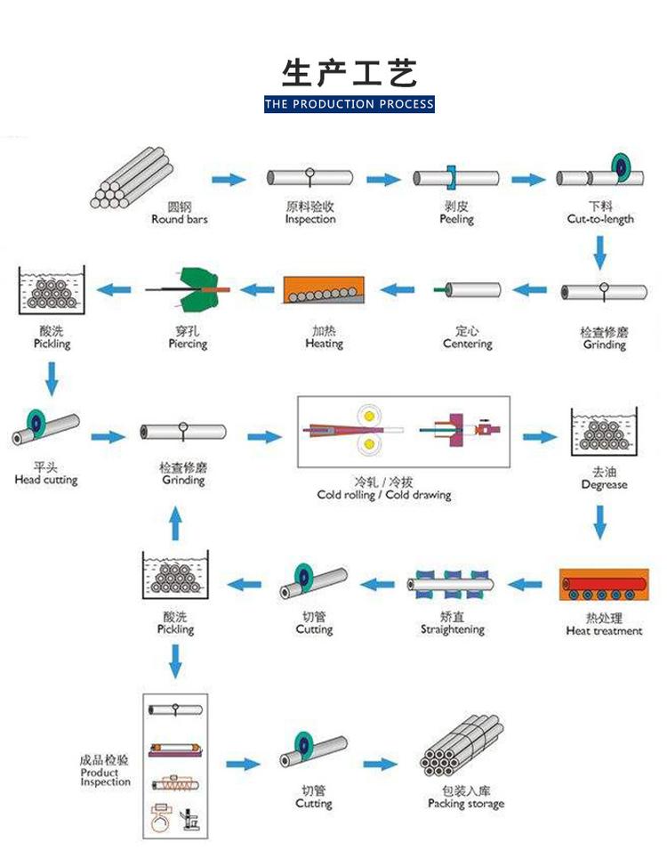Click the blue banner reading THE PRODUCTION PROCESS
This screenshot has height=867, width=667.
(x=350, y=104)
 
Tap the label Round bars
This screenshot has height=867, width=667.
(x=180, y=219)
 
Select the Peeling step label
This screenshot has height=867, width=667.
(x=456, y=219)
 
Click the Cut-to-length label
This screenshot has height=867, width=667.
(x=600, y=219)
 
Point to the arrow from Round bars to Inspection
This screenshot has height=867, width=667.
(x=229, y=180)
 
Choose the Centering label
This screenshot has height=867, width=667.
(x=467, y=344)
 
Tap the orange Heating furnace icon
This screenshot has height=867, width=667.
(x=323, y=290)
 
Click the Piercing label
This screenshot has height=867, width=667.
(x=188, y=344)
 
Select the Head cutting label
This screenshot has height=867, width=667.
(x=46, y=480)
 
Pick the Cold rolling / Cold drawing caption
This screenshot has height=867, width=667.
(x=384, y=495)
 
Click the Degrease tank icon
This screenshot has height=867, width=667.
(x=604, y=430)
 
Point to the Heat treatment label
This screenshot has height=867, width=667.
(x=604, y=631)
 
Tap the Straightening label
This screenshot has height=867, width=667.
(x=453, y=629)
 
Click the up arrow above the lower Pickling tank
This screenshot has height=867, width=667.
(x=175, y=523)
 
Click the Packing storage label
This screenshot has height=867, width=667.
(x=465, y=804)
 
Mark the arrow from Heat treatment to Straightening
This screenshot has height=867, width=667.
(x=525, y=585)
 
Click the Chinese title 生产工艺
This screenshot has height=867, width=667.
(x=350, y=72)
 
